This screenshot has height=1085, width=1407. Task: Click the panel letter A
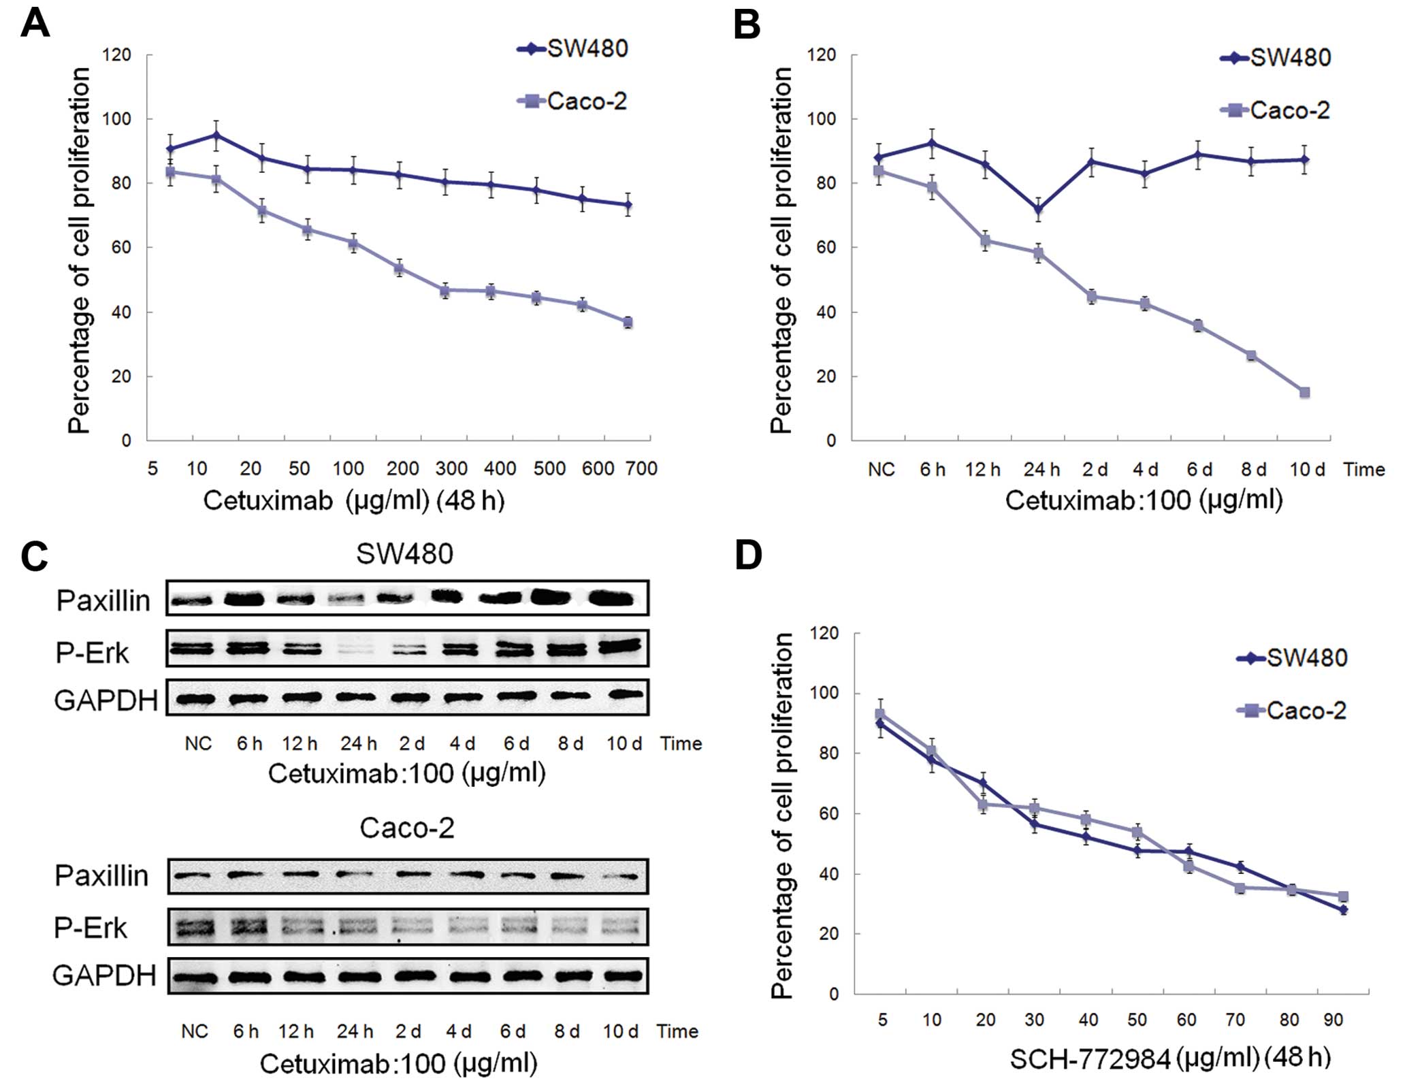pyautogui.click(x=35, y=24)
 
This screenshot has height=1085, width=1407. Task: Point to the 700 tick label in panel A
pyautogui.click(x=641, y=468)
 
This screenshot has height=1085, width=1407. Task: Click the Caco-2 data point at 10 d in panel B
pyautogui.click(x=1304, y=392)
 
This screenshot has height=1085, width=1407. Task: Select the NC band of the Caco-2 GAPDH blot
pyautogui.click(x=195, y=977)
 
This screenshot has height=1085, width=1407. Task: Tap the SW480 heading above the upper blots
pyautogui.click(x=404, y=554)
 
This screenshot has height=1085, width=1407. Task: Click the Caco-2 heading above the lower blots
pyautogui.click(x=406, y=828)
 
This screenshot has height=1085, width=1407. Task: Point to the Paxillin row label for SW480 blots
pyautogui.click(x=103, y=600)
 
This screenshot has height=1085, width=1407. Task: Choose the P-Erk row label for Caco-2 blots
pyautogui.click(x=91, y=927)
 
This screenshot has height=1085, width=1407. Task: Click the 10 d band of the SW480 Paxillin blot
pyautogui.click(x=615, y=599)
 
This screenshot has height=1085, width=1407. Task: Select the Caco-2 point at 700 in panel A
pyautogui.click(x=628, y=322)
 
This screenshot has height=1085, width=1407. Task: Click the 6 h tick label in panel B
pyautogui.click(x=933, y=469)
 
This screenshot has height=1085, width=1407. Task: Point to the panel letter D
pyautogui.click(x=748, y=555)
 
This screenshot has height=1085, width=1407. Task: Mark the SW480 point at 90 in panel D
pyautogui.click(x=1343, y=909)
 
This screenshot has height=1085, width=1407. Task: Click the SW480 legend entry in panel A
pyautogui.click(x=587, y=49)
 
